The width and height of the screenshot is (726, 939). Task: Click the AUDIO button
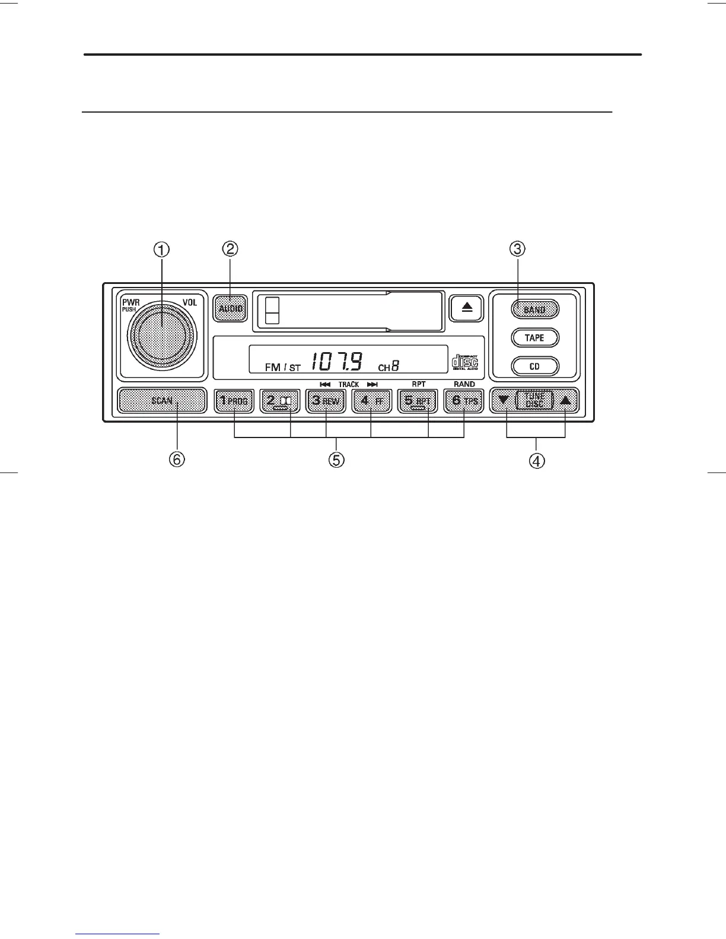coord(230,308)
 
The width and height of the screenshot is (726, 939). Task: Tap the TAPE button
coord(534,338)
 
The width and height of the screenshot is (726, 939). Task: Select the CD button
coord(534,366)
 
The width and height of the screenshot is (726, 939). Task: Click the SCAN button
coord(162,401)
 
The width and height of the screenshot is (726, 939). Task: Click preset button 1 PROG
coord(234,401)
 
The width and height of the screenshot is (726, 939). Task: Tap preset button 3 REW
coord(326,401)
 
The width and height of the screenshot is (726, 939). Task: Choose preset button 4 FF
coord(371,401)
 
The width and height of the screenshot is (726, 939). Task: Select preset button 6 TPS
coord(464,401)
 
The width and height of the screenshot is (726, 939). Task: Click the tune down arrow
coord(504,400)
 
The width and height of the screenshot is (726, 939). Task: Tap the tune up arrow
coord(565,400)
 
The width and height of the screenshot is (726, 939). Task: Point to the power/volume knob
coord(161,336)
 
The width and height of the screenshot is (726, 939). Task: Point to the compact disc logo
coord(465,361)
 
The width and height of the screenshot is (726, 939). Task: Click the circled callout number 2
coord(230,249)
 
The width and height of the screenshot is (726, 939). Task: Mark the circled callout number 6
coord(176,459)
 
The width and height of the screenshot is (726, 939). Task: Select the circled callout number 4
coord(537,461)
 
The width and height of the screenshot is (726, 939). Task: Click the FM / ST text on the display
coord(283,368)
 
